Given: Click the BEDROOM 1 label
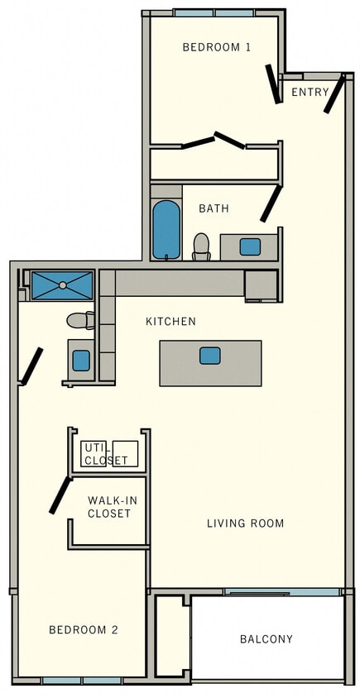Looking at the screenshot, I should click(216, 47).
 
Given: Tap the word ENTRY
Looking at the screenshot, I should click(310, 92).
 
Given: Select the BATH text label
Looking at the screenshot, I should click(214, 208).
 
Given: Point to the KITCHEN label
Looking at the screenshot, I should click(170, 321).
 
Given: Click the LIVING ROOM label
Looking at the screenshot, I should click(245, 523).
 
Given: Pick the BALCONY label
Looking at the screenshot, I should click(266, 638).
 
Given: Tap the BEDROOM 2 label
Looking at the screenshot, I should click(83, 629).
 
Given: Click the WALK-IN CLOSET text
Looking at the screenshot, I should click(109, 507).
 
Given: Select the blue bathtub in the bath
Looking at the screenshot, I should click(166, 229).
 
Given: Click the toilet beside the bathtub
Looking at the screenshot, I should click(201, 246).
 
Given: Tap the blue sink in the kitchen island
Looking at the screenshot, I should click(210, 356).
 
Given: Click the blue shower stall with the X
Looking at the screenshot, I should click(62, 285).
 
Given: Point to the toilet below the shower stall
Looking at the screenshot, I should click(80, 320).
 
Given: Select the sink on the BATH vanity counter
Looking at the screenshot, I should click(250, 246).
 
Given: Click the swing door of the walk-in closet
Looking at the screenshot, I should click(59, 495).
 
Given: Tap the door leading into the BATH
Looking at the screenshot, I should click(271, 203).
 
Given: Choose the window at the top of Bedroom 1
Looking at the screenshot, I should click(214, 13).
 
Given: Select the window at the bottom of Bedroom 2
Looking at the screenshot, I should click(82, 680).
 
